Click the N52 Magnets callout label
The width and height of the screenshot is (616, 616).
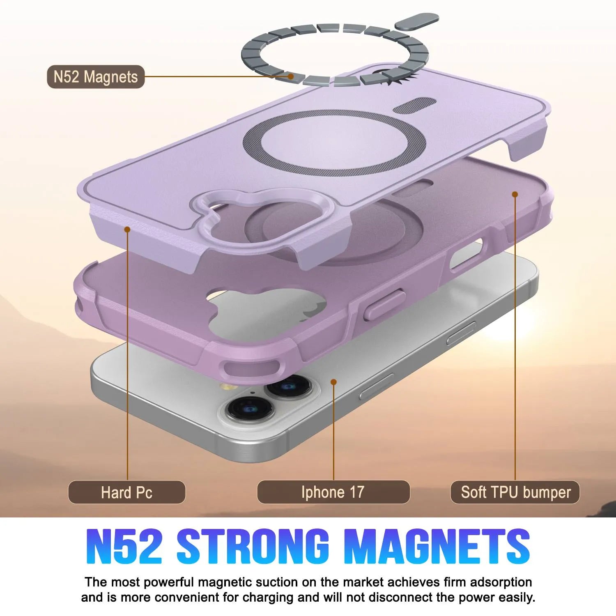(x=96, y=77)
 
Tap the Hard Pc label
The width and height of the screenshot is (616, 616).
(x=126, y=492)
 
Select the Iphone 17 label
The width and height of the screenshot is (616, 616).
(x=333, y=492)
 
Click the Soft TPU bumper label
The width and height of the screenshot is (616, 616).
(x=515, y=492)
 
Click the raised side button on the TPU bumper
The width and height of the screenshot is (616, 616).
(x=384, y=304)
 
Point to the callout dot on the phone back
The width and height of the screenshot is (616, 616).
(x=333, y=382)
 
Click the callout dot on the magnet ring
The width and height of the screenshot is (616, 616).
(x=291, y=76)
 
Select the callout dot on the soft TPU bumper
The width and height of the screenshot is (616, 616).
(x=515, y=194)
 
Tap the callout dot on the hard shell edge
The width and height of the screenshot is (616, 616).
(x=127, y=229)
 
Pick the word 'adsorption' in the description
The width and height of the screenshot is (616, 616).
(x=501, y=582)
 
